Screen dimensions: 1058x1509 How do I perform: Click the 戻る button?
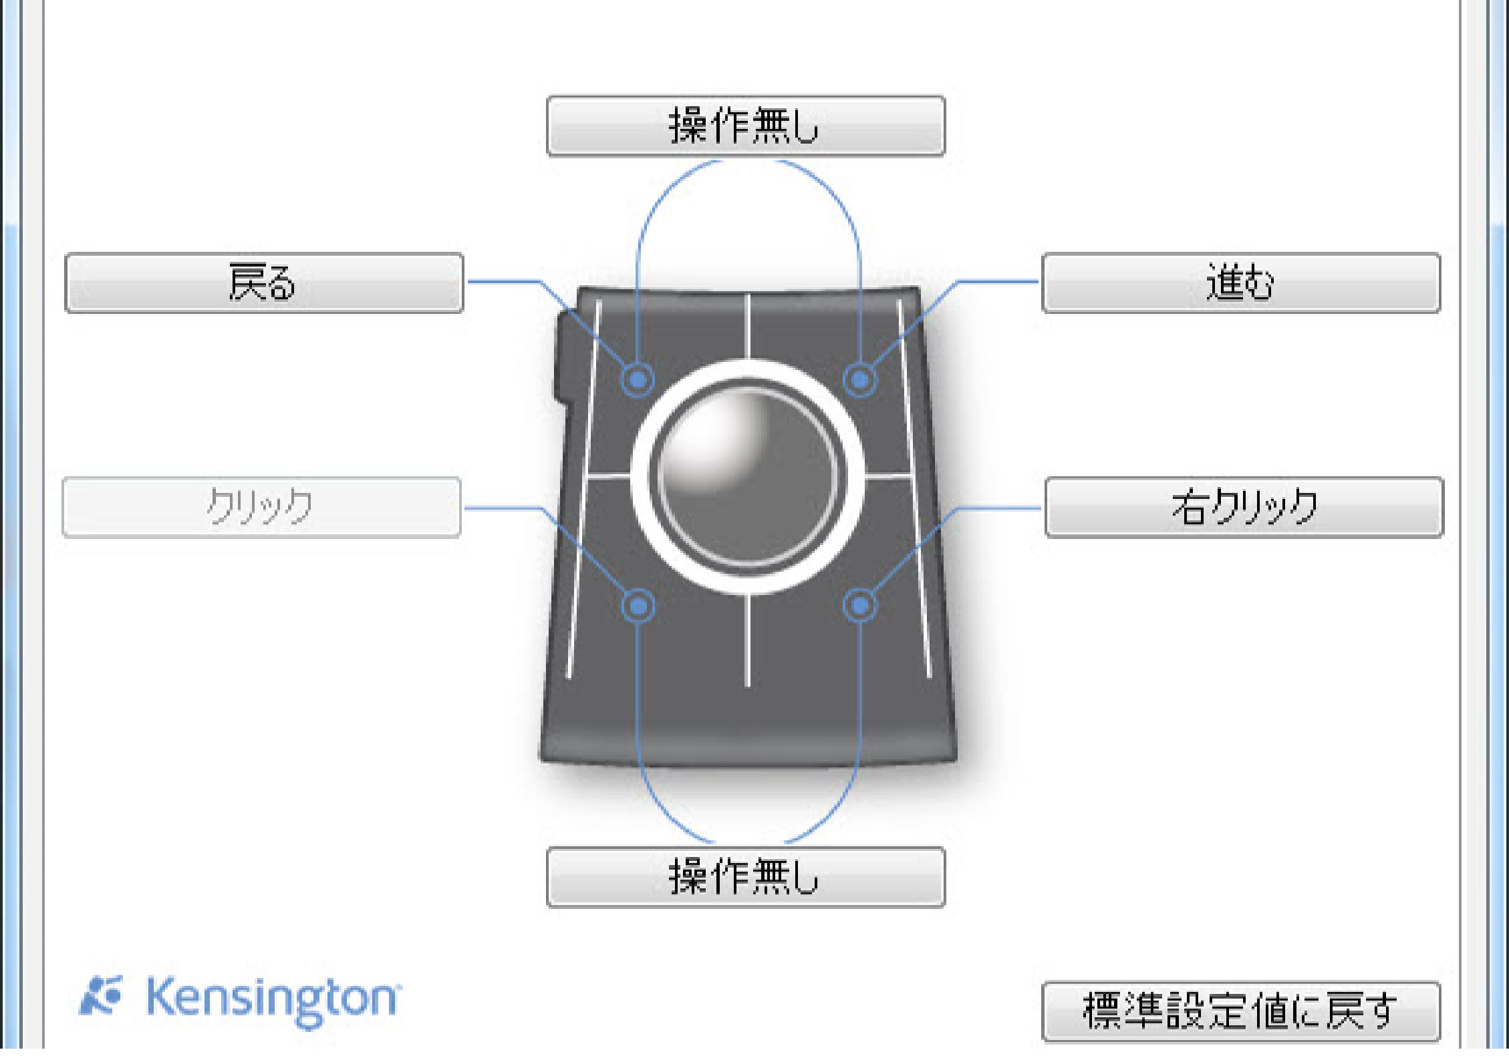pyautogui.click(x=264, y=283)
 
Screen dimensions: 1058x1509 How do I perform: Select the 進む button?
pyautogui.click(x=1240, y=283)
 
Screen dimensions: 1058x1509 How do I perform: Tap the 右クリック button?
pyautogui.click(x=1244, y=507)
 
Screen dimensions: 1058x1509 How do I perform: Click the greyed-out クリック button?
pyautogui.click(x=261, y=507)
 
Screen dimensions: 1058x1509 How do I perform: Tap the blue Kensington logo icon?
pyautogui.click(x=102, y=995)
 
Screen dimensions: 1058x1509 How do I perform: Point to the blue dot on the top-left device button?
pyautogui.click(x=638, y=379)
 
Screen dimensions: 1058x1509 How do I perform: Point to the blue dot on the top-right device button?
pyautogui.click(x=859, y=379)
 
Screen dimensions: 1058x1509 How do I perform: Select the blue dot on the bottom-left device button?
pyautogui.click(x=638, y=605)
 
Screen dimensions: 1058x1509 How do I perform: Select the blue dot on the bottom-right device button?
pyautogui.click(x=859, y=605)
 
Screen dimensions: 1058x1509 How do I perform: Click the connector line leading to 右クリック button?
pyautogui.click(x=999, y=508)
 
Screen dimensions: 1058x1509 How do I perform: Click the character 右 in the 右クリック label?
pyautogui.click(x=1190, y=507)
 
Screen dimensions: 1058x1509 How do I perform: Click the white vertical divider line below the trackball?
pyautogui.click(x=747, y=641)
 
